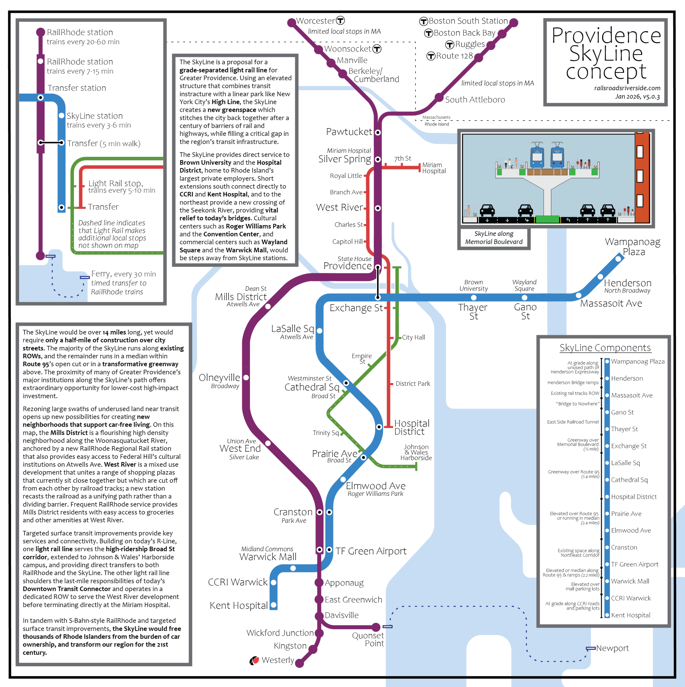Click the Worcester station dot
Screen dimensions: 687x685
(291, 23)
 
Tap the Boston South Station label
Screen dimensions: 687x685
(468, 21)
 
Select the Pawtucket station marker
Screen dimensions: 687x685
(378, 132)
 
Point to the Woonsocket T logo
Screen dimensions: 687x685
(377, 49)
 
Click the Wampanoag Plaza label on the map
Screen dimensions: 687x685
(632, 247)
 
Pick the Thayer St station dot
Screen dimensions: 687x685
(474, 297)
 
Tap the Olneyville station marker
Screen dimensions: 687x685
(246, 377)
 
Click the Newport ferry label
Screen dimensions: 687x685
(613, 648)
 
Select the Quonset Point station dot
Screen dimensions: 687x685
(376, 627)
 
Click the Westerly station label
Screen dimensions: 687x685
(277, 660)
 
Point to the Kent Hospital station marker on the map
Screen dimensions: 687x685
(273, 605)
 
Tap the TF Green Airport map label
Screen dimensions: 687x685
(371, 551)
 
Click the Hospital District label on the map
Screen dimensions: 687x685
(412, 427)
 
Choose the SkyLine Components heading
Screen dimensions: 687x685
(605, 348)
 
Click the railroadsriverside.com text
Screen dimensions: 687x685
(627, 88)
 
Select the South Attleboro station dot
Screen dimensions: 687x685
(439, 97)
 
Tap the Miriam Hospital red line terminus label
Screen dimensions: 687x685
(433, 168)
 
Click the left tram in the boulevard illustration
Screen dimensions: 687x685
(537, 155)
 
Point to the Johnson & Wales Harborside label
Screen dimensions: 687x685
(416, 452)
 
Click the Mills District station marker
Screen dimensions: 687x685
(268, 306)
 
